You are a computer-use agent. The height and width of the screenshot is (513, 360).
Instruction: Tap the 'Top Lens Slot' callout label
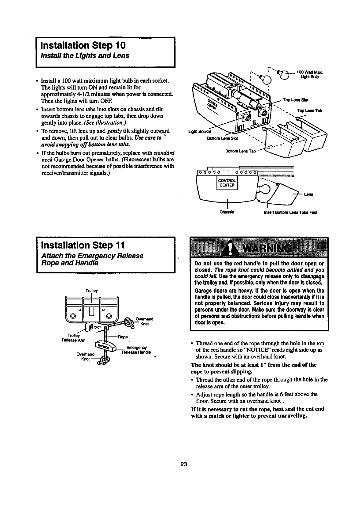[295, 100]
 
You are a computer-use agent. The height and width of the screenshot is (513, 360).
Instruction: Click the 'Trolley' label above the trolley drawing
[92, 290]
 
